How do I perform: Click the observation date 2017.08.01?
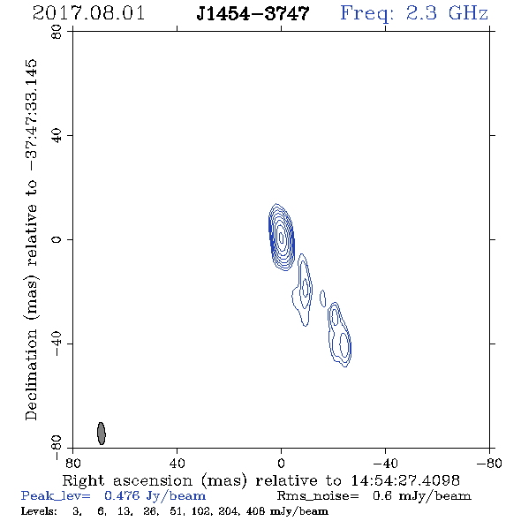coord(88,13)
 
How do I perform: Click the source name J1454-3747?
coord(253,13)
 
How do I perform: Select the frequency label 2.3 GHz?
coord(447,13)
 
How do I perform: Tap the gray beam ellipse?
coord(102,434)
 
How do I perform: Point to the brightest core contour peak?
coord(282,238)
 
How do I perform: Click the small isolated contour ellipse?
coord(322,298)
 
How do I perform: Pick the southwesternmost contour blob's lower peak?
coord(344,345)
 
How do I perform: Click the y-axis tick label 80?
coord(57,32)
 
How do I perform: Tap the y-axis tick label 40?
coord(57,136)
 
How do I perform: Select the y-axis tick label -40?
coord(57,344)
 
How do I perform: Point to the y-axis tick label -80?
coord(57,448)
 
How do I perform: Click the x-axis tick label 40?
coord(177,463)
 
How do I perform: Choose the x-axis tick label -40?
coord(385,463)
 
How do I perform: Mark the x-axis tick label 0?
coord(281,463)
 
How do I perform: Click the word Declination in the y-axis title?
coord(31,374)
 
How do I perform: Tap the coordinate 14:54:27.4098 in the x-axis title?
coord(405,480)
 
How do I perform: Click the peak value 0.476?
coord(122,496)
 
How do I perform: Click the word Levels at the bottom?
coord(39,510)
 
